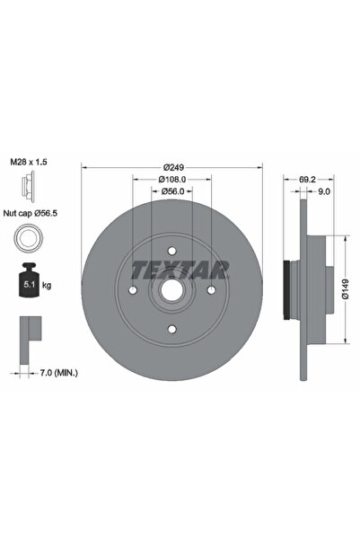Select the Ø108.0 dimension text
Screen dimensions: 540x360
(173, 179)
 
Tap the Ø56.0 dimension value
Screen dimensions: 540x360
(173, 191)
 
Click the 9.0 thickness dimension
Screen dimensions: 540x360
(324, 191)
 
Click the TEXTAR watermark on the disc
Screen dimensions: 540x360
(180, 268)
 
